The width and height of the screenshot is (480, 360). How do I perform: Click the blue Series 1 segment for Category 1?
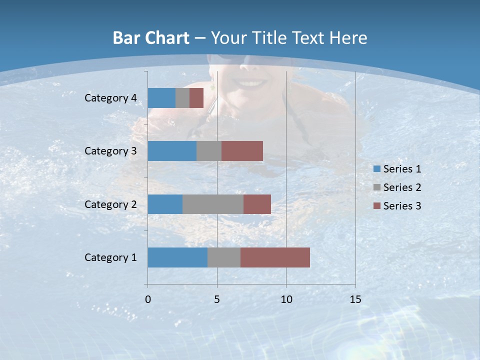point(177,257)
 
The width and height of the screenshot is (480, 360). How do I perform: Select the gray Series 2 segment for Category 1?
point(224,257)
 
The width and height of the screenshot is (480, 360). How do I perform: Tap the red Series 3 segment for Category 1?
point(275,257)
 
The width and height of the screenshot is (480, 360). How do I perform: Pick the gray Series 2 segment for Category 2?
point(213,204)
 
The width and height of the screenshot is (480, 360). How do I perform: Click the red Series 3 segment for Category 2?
point(257,204)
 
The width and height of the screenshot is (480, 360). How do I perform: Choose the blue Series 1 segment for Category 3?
point(172,151)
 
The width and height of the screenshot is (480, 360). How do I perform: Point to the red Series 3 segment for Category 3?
point(242,151)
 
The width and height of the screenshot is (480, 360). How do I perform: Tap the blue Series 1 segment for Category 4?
point(161,98)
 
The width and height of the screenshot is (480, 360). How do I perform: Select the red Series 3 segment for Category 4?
point(196,98)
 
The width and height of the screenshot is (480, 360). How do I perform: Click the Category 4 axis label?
point(110,98)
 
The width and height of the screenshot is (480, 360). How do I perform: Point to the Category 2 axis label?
point(110,204)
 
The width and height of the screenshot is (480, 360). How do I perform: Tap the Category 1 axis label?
point(110,257)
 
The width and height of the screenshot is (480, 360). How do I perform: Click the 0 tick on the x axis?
point(148,299)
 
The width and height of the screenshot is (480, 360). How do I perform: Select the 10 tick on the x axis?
point(286,299)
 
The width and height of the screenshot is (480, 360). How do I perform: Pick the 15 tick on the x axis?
point(355,299)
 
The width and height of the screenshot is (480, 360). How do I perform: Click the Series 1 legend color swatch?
point(377,169)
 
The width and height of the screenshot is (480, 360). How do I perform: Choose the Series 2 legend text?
point(402,187)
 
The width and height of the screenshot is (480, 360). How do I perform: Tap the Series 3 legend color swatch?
point(377,206)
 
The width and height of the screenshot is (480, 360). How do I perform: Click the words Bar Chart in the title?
point(151,38)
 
